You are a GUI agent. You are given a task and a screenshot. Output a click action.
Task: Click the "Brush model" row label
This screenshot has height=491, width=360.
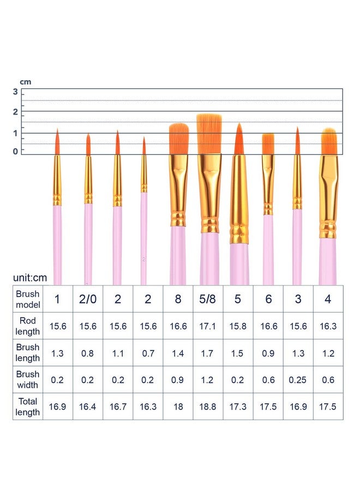coord(28,299)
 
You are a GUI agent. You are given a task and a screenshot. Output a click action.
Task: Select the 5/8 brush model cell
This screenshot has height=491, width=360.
coord(208,299)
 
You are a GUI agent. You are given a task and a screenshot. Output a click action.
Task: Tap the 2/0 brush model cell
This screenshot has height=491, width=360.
coord(88,299)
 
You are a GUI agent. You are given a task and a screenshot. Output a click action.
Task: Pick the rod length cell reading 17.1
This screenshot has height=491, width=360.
coord(208,326)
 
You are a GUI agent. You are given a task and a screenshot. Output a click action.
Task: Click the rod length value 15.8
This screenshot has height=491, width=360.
coord(238,326)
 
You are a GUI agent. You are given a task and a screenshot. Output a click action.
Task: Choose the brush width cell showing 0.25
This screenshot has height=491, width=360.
coord(298,380)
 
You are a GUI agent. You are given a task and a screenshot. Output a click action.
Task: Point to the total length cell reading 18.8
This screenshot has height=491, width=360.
coord(208,406)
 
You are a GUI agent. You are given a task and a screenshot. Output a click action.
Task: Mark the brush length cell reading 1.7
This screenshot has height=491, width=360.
coord(208,353)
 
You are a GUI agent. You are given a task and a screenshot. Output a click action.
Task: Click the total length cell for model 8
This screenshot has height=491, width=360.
coord(178,406)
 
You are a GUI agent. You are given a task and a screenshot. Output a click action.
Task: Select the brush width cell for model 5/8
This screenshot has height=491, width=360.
coord(208,380)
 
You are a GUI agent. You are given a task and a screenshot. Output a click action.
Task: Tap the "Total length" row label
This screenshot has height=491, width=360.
coord(28,406)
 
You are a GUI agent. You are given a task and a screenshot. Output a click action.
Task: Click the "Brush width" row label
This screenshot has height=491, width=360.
coord(28,380)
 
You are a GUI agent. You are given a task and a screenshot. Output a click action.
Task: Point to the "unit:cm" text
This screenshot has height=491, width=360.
coord(30,278)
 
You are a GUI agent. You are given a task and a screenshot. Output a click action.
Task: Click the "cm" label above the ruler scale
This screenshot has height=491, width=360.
coord(26,82)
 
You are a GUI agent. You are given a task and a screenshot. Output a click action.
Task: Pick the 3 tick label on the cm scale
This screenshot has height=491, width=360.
coord(15,92)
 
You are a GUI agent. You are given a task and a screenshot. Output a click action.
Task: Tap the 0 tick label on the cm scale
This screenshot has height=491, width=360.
coord(15,152)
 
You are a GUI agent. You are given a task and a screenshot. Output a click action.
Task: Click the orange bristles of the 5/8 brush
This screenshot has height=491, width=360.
coord(209,134)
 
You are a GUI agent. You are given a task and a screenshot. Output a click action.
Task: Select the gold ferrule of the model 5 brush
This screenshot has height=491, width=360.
coord(239,199)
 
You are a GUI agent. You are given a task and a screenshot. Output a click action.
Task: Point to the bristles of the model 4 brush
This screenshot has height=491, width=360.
coord(329,141)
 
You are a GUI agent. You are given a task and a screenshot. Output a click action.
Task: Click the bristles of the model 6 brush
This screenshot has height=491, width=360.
coord(268,144)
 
